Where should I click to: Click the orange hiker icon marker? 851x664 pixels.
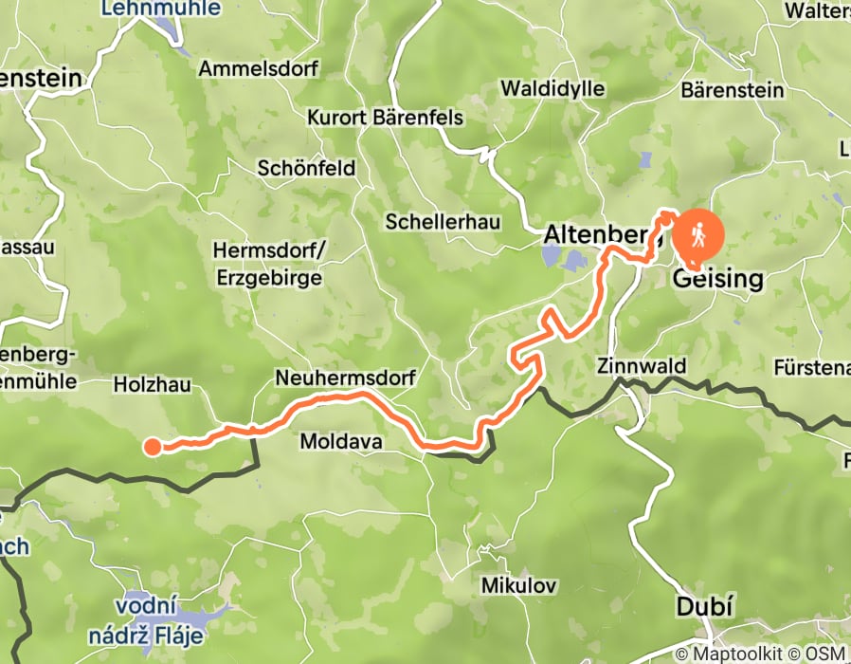coord(697,233)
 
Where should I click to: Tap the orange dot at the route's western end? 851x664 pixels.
coord(152,447)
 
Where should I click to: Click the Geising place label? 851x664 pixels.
coord(717,279)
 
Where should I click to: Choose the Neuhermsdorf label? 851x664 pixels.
coord(345,378)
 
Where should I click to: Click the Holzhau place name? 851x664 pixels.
coord(152,384)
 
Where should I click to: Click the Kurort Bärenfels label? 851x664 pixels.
coord(385,119)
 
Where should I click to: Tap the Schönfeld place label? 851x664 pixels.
coord(306,169)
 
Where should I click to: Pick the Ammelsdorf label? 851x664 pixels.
coord(259,69)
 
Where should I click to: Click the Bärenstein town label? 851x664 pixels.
coord(733,91)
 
